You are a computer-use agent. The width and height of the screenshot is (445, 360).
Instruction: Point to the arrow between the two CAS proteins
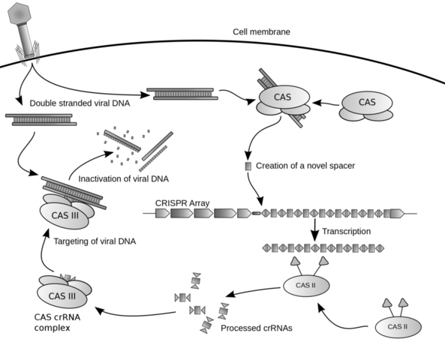[x=324, y=103]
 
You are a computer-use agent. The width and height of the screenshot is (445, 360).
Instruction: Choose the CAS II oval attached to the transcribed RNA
[x=305, y=286]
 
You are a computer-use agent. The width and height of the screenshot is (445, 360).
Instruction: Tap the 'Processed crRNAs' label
[x=257, y=328]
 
